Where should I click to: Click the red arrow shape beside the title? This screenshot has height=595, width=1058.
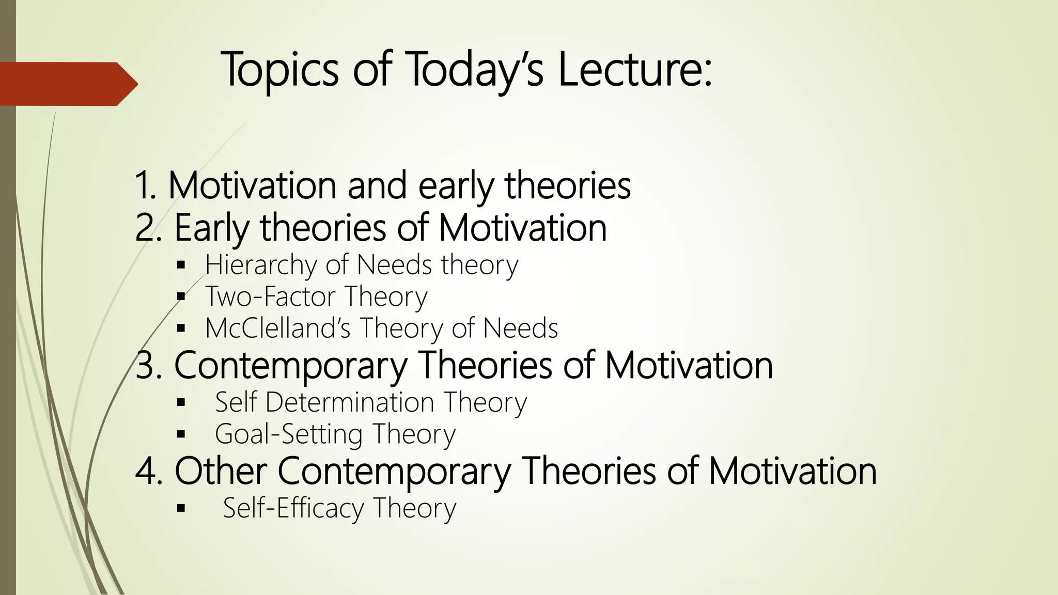click(67, 84)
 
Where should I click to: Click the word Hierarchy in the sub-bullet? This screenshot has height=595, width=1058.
click(260, 265)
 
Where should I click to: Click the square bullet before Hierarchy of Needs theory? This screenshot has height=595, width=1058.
click(180, 266)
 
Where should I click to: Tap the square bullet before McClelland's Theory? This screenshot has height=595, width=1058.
click(180, 328)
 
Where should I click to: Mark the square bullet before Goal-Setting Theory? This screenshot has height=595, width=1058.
click(180, 434)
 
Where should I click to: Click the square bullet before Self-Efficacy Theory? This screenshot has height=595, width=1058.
click(180, 509)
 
